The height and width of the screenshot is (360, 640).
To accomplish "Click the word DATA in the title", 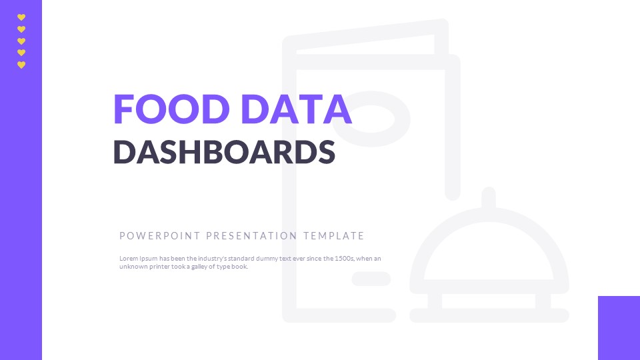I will click(x=295, y=109).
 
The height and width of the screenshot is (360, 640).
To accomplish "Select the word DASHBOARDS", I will click(x=224, y=152).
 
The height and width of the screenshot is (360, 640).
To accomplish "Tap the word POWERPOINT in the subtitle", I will click(x=160, y=236).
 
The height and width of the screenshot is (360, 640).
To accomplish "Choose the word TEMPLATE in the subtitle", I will click(x=333, y=236).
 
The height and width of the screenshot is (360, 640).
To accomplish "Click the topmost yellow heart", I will click(x=21, y=17).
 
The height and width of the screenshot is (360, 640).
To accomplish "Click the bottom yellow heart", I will click(x=21, y=65).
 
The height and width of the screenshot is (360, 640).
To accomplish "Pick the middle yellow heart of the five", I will click(x=21, y=41).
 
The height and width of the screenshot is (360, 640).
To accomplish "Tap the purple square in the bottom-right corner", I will click(x=619, y=328).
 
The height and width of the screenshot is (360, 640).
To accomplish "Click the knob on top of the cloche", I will click(x=489, y=198).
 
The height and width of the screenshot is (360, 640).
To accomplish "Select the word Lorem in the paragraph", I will click(x=127, y=259).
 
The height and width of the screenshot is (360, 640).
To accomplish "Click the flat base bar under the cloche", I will click(x=489, y=315).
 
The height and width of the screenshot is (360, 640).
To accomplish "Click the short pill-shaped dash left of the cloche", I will click(x=371, y=279).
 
